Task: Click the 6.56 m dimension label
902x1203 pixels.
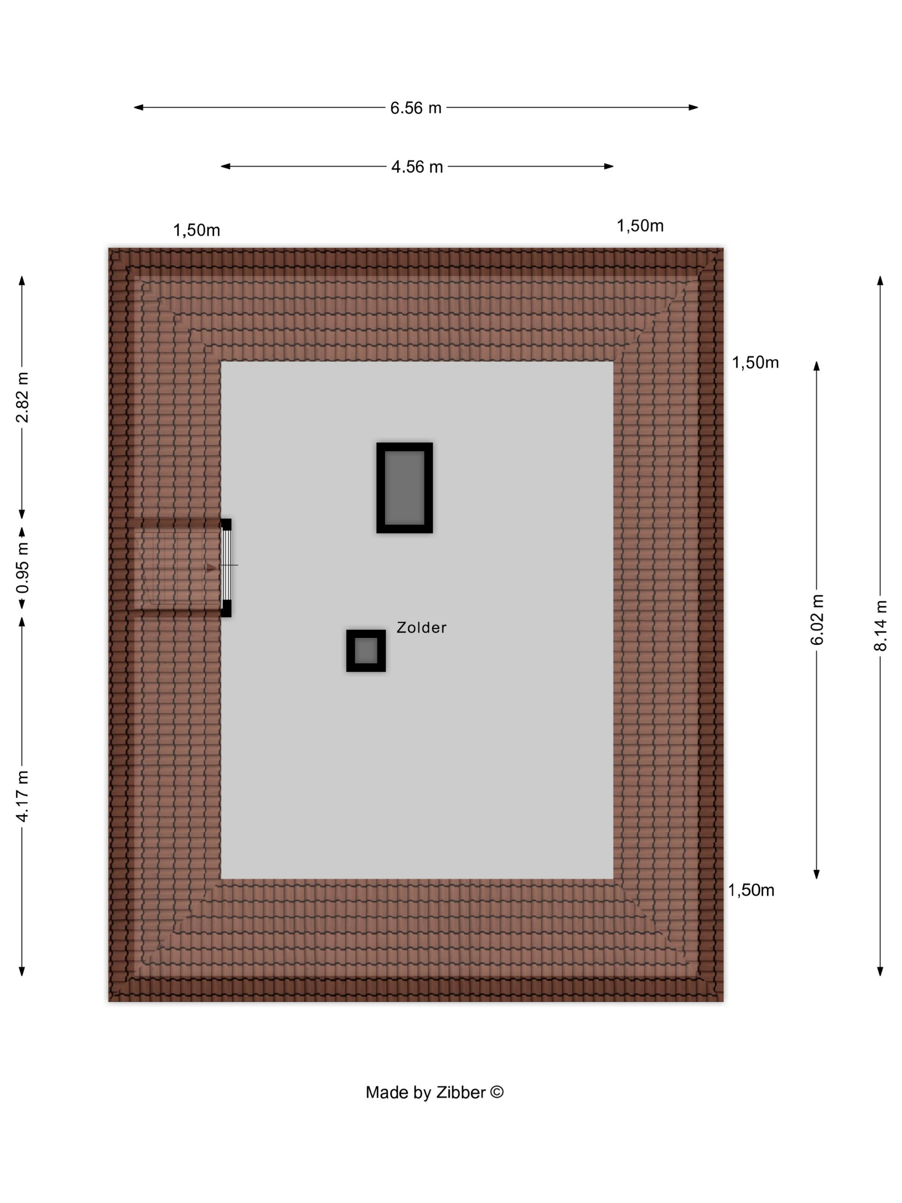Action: coord(415,108)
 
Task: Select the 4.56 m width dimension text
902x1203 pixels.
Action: coord(417,166)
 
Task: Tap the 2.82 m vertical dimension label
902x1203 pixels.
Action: coord(22,397)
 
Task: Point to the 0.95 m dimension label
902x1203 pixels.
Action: coord(22,568)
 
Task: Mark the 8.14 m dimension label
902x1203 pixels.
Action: coord(880,626)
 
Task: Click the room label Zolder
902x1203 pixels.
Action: coord(421,628)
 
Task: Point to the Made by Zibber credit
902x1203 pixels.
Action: coord(434,1093)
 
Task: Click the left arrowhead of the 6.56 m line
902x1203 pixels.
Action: coord(139,108)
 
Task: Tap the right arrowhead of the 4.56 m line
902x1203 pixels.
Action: coord(609,166)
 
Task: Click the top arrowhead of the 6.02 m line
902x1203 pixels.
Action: coord(816,366)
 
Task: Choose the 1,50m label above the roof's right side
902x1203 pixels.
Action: coord(640,226)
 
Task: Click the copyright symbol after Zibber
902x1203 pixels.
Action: coord(497,1092)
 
